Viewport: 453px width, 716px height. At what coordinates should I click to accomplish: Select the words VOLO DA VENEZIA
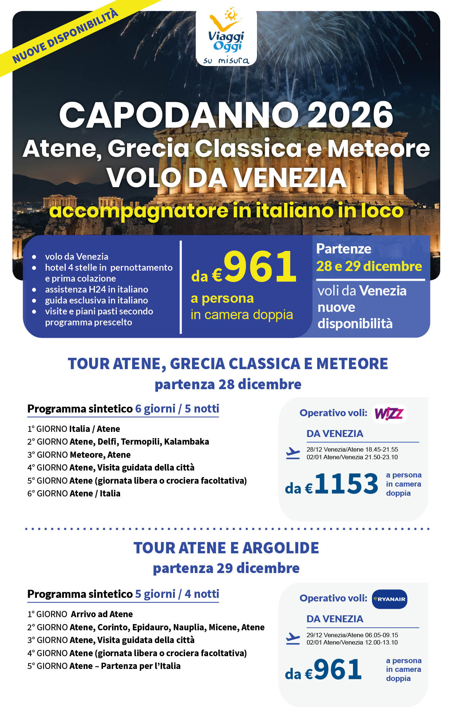[226, 178]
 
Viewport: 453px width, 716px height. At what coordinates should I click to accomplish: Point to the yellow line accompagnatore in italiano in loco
[226, 211]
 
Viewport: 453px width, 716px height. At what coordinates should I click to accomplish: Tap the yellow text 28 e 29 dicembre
[369, 266]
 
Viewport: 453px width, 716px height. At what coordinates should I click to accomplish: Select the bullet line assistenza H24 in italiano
[96, 289]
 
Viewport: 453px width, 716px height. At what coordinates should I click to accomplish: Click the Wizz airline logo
[389, 414]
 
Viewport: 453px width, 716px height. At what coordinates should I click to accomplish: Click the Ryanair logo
[389, 599]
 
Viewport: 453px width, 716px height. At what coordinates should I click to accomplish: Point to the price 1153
[346, 484]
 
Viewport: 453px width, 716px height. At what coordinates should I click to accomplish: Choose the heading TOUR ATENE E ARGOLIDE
[226, 548]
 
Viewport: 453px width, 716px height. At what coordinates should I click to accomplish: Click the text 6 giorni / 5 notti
[177, 409]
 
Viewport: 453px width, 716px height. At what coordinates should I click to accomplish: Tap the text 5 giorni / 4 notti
[177, 594]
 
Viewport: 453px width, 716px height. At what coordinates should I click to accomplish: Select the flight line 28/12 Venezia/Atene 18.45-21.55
[352, 449]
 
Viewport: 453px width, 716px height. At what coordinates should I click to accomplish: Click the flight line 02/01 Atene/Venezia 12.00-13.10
[352, 642]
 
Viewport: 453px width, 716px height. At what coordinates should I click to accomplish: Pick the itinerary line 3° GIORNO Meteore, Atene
[79, 455]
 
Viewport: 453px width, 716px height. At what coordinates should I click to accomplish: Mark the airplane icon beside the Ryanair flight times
[293, 639]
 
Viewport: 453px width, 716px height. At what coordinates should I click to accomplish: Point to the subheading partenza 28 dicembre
[228, 384]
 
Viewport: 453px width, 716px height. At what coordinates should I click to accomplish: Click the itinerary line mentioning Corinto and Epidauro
[146, 627]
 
